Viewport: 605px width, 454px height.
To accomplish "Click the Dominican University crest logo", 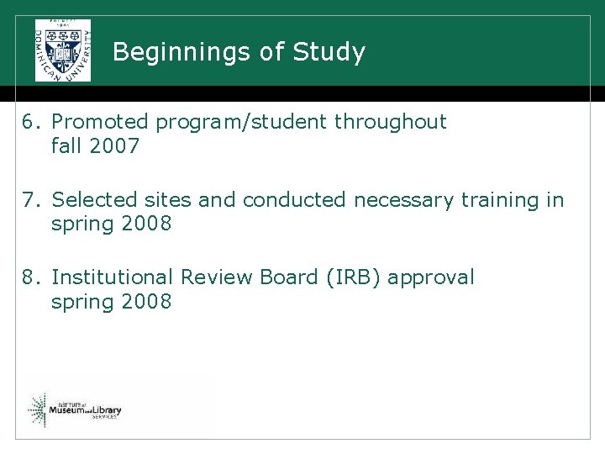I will [x=62, y=50].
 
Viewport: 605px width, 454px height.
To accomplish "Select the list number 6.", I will [x=31, y=122].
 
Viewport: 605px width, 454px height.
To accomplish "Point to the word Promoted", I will [x=100, y=122].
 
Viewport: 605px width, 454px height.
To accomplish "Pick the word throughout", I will [x=391, y=122].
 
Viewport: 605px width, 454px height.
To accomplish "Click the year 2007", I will [x=113, y=146].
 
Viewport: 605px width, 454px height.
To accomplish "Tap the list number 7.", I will [x=31, y=200].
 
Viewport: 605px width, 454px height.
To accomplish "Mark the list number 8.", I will [x=31, y=277].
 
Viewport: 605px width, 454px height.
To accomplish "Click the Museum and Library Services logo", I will [x=75, y=409].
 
